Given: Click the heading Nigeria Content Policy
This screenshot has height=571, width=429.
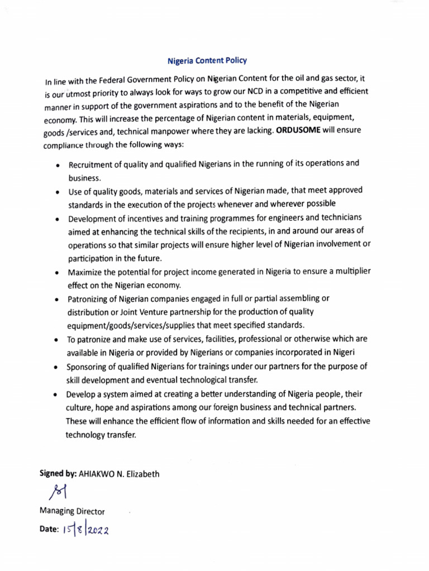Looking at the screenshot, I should pos(207,60).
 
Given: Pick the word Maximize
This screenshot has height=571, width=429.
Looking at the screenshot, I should pos(87,272).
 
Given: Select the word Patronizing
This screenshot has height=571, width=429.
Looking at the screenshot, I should pos(90,299).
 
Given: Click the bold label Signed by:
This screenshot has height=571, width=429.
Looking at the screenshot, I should pos(58,474).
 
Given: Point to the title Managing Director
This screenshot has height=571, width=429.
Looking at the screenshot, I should pos(71,511).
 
